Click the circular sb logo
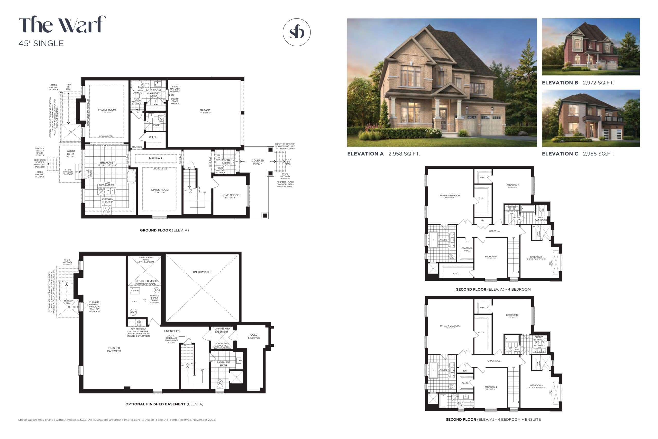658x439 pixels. (297, 32)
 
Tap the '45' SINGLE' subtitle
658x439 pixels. (41, 43)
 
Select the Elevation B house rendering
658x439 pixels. (590, 47)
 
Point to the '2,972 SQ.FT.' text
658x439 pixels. (598, 83)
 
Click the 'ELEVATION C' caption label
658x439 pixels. (560, 154)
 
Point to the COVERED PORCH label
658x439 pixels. (258, 162)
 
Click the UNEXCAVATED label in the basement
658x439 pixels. (202, 272)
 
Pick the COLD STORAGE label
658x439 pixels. (254, 336)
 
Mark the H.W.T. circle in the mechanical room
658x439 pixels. (133, 312)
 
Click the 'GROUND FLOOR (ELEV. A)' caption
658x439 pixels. (164, 230)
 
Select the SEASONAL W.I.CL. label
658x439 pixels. (467, 249)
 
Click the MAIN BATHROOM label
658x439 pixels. (541, 219)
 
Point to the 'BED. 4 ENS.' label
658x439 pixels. (460, 404)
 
